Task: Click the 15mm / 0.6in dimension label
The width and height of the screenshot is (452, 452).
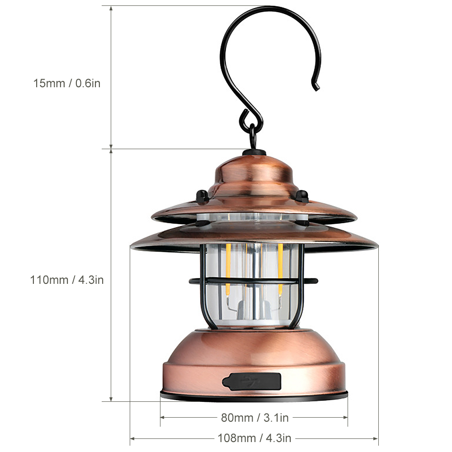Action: coord(66,84)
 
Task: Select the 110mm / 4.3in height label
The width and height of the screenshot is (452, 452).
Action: coord(67,280)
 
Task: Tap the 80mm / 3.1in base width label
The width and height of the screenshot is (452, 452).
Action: coord(254,418)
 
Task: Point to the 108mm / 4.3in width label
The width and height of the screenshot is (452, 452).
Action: coord(254,438)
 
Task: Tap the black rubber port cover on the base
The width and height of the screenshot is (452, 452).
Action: coord(252,381)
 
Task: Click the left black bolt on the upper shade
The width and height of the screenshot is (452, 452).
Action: coord(202,196)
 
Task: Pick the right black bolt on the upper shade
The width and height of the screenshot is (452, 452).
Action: coord(301,196)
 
